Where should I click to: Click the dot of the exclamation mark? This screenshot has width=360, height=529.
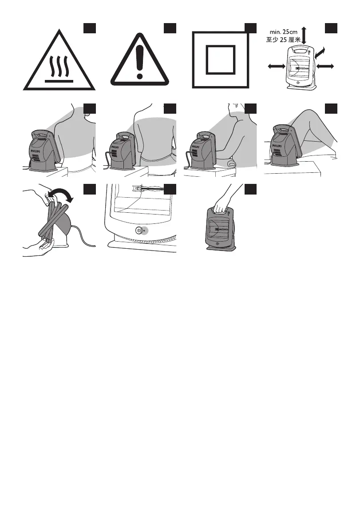(x=139, y=76)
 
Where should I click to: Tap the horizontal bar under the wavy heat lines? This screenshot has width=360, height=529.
(x=59, y=81)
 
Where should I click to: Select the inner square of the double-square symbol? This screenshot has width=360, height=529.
(x=221, y=60)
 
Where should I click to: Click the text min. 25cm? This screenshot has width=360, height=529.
(x=284, y=32)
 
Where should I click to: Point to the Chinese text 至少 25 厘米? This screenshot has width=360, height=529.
(x=283, y=40)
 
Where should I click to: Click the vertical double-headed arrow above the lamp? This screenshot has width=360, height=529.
(x=304, y=36)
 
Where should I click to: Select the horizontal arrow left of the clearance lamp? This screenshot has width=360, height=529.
(x=277, y=67)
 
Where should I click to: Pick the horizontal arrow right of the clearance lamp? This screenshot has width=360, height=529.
(x=325, y=67)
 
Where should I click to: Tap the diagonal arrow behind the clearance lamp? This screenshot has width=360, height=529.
(x=320, y=52)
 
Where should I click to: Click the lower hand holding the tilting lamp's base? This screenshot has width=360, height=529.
(x=37, y=247)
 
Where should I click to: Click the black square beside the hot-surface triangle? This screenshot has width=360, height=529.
(x=90, y=28)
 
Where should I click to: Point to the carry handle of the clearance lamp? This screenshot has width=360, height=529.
(x=298, y=51)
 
